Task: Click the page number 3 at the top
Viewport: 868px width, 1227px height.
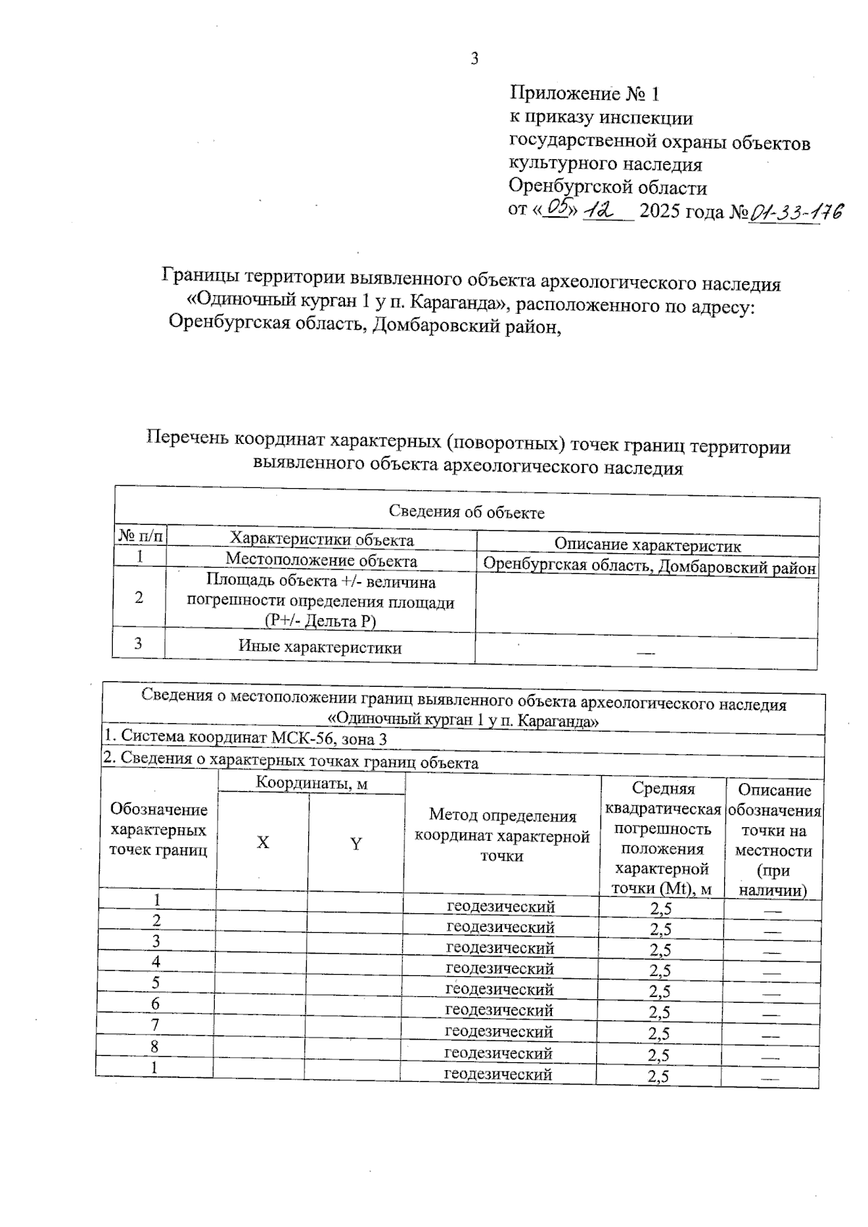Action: (475, 59)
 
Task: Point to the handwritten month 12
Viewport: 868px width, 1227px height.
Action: (600, 210)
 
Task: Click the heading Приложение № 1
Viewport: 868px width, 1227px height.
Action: (584, 93)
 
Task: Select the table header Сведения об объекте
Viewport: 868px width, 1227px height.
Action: (467, 512)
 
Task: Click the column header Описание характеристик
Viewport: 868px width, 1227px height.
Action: (647, 546)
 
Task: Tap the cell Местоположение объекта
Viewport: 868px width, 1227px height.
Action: (321, 560)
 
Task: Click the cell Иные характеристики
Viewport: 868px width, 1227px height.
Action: (320, 647)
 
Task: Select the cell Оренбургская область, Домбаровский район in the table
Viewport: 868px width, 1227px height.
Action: (649, 567)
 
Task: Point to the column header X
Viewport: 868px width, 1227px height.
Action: (263, 842)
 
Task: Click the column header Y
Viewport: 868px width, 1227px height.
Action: (356, 844)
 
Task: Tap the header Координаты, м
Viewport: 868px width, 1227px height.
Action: (311, 783)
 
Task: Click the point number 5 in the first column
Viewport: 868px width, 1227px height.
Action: (156, 983)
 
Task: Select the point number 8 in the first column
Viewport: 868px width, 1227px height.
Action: (155, 1046)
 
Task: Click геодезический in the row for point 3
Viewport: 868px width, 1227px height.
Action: (500, 948)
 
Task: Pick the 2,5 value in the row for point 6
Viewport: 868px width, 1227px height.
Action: (659, 1012)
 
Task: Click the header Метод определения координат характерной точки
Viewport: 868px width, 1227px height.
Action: (502, 836)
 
